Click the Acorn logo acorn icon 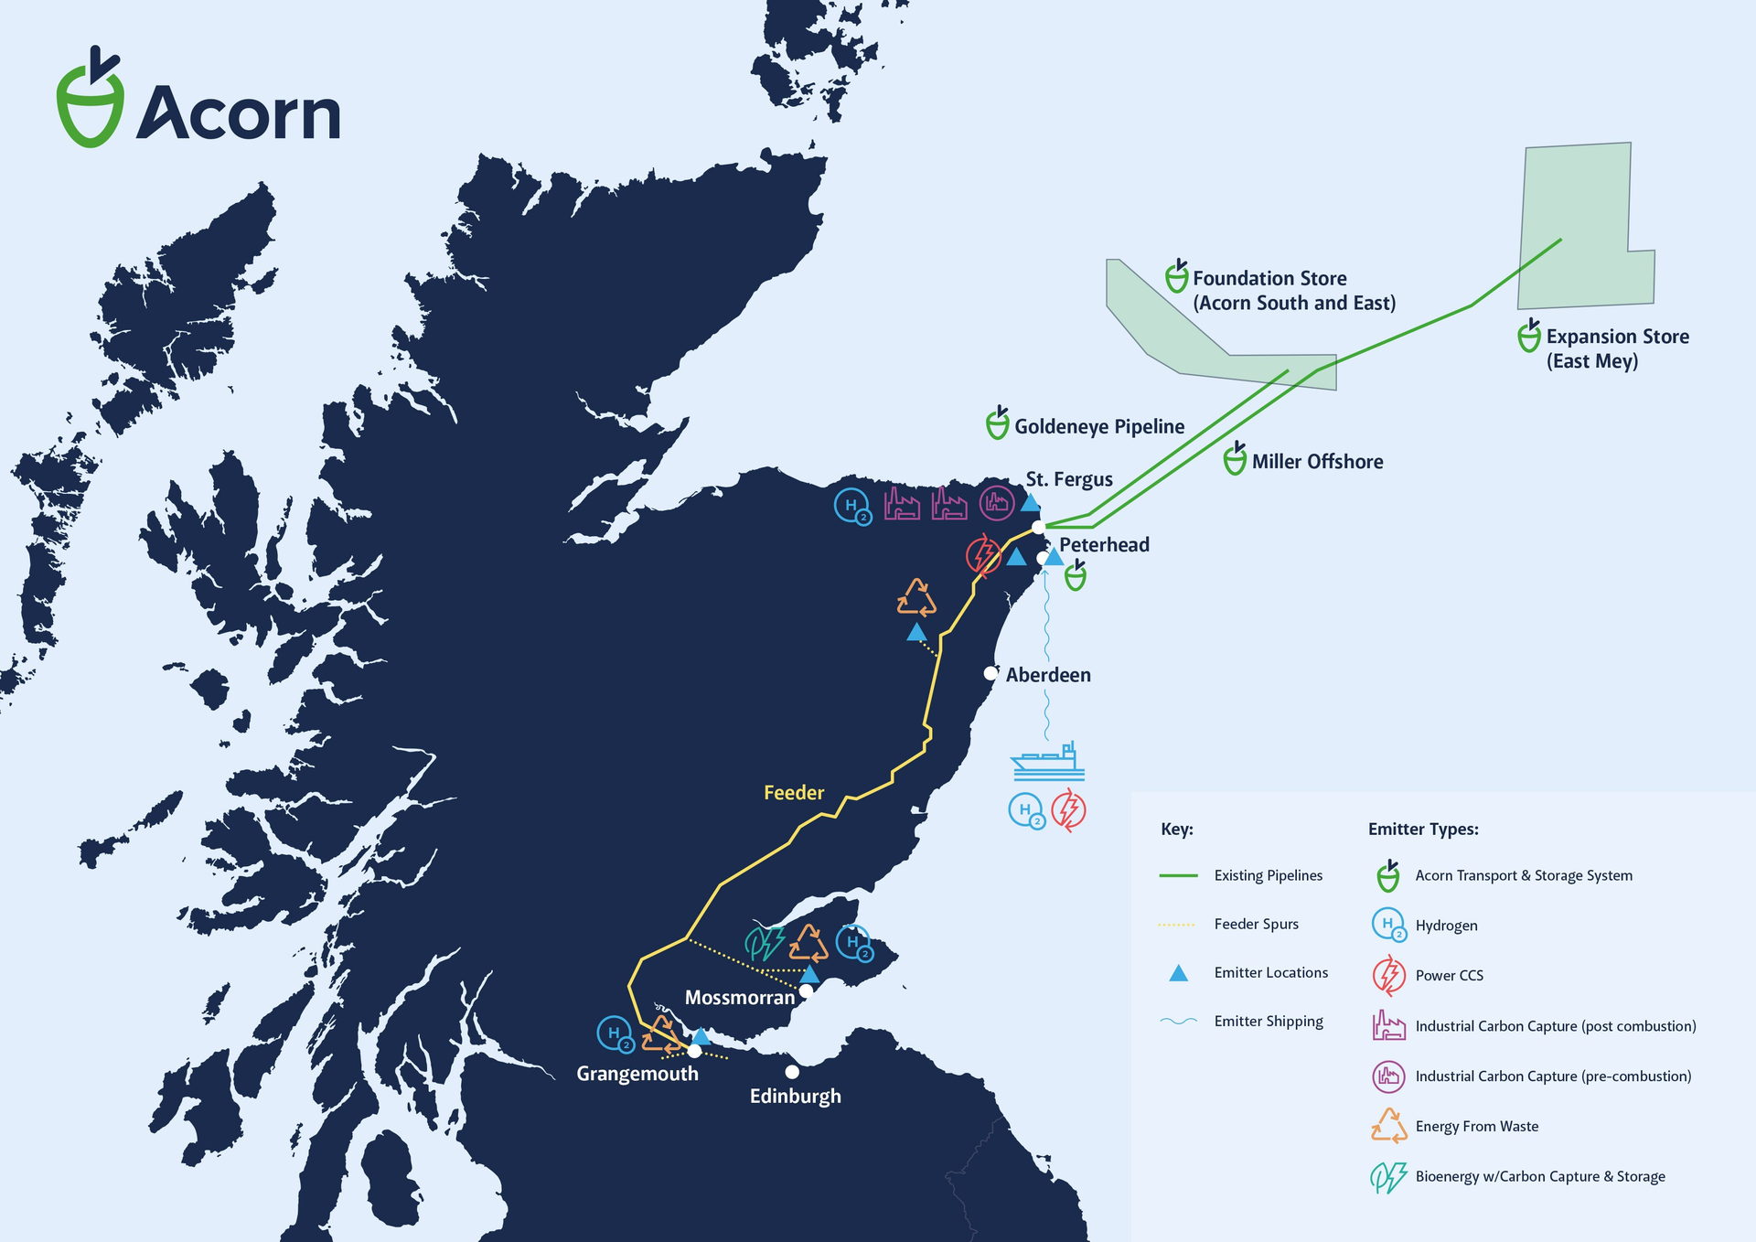coord(90,101)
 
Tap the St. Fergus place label coord(1068,479)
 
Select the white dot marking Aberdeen coord(990,673)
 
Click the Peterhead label coord(1104,545)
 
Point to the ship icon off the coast coord(1048,762)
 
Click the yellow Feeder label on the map coord(794,793)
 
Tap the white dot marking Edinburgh coord(792,1072)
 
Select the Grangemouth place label coord(637,1074)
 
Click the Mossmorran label coord(740,998)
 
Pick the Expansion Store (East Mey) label coord(1617,348)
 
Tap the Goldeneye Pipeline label coord(1098,426)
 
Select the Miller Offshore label coord(1317,462)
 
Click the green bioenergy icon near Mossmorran coord(765,943)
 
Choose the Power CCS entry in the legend coord(1449,976)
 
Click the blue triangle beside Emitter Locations coord(1178,973)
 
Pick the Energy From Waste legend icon coord(1388,1126)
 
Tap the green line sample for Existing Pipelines coord(1178,875)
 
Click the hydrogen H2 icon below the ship coord(1026,810)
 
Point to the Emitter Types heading coord(1422,830)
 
